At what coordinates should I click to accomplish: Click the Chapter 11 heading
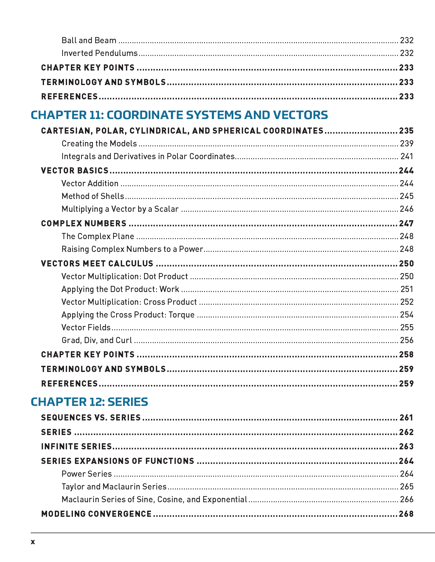click(x=179, y=115)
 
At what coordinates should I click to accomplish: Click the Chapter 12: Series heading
click(x=89, y=402)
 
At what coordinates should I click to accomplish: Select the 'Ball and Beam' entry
click(x=89, y=40)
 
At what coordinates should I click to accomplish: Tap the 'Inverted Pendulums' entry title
click(x=100, y=53)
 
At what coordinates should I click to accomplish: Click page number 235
click(x=406, y=131)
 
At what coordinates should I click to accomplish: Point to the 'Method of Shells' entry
click(x=93, y=196)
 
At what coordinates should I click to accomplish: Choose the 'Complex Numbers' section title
click(x=84, y=223)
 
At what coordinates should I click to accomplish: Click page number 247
click(x=406, y=223)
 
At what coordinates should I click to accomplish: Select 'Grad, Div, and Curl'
click(x=97, y=340)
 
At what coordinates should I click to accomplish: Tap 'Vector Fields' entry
click(x=86, y=327)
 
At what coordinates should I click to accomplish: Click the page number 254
click(x=407, y=315)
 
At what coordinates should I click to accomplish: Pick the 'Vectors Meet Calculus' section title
click(x=97, y=264)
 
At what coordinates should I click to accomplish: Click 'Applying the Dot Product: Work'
click(x=120, y=289)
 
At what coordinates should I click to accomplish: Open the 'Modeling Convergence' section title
click(x=96, y=514)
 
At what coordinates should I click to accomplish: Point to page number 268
click(x=406, y=514)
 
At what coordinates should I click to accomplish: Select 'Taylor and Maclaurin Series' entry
click(x=114, y=487)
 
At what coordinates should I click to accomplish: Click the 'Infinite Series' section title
click(x=77, y=447)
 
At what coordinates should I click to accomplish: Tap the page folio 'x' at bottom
click(x=33, y=542)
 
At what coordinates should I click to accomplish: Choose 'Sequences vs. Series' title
click(x=91, y=417)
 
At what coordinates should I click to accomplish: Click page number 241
click(x=407, y=156)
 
